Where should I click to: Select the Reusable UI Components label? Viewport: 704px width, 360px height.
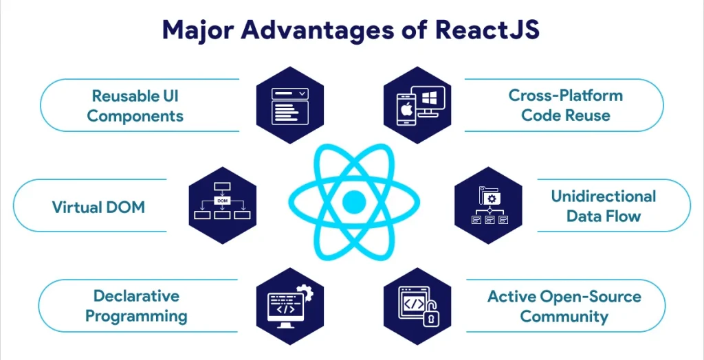tap(135, 106)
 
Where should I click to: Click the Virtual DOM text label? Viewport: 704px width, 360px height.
tap(98, 207)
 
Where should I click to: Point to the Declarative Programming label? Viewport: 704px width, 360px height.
tap(137, 306)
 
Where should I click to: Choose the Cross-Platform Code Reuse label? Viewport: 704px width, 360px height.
tap(566, 106)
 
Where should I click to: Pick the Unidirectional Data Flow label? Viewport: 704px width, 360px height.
tap(604, 206)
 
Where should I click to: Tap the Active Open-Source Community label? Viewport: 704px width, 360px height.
tap(564, 306)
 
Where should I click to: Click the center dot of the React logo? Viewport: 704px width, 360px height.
tap(354, 202)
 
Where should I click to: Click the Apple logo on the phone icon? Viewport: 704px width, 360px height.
tap(406, 110)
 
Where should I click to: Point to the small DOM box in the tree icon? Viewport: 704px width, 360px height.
tap(223, 201)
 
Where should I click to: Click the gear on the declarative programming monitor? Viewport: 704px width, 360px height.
tap(306, 291)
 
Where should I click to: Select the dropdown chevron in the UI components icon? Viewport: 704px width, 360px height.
tap(302, 94)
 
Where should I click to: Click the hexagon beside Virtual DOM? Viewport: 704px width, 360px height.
tap(223, 205)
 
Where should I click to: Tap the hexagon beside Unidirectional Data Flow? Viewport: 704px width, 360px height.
tap(489, 205)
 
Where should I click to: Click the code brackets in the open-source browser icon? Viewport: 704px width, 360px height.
tap(413, 304)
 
